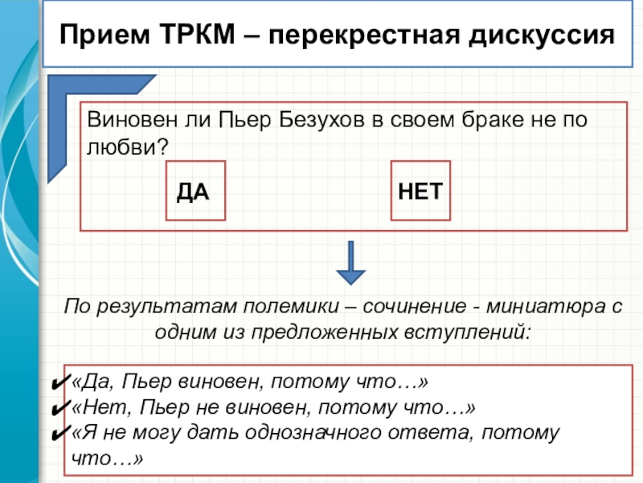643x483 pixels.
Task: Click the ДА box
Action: tap(195, 191)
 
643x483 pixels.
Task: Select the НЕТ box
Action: tap(421, 191)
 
